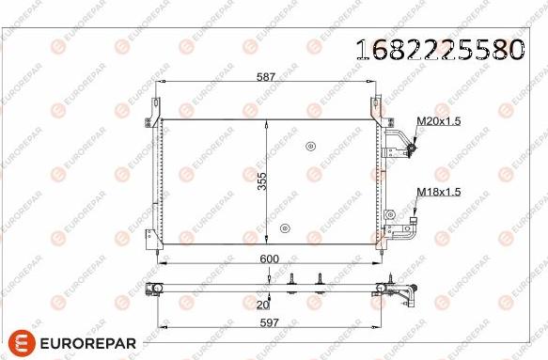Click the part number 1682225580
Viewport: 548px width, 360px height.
pos(437,50)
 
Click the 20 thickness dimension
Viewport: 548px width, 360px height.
pos(262,304)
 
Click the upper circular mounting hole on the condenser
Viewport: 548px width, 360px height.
pos(309,146)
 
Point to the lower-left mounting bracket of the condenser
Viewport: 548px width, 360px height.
pos(151,243)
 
